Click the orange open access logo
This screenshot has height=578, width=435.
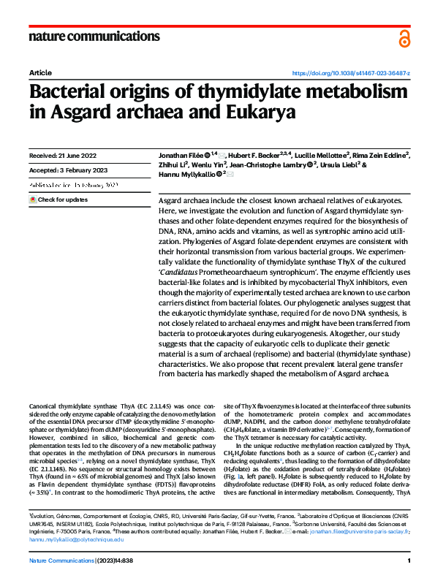[x=404, y=38]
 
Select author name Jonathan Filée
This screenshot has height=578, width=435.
[x=184, y=156]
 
